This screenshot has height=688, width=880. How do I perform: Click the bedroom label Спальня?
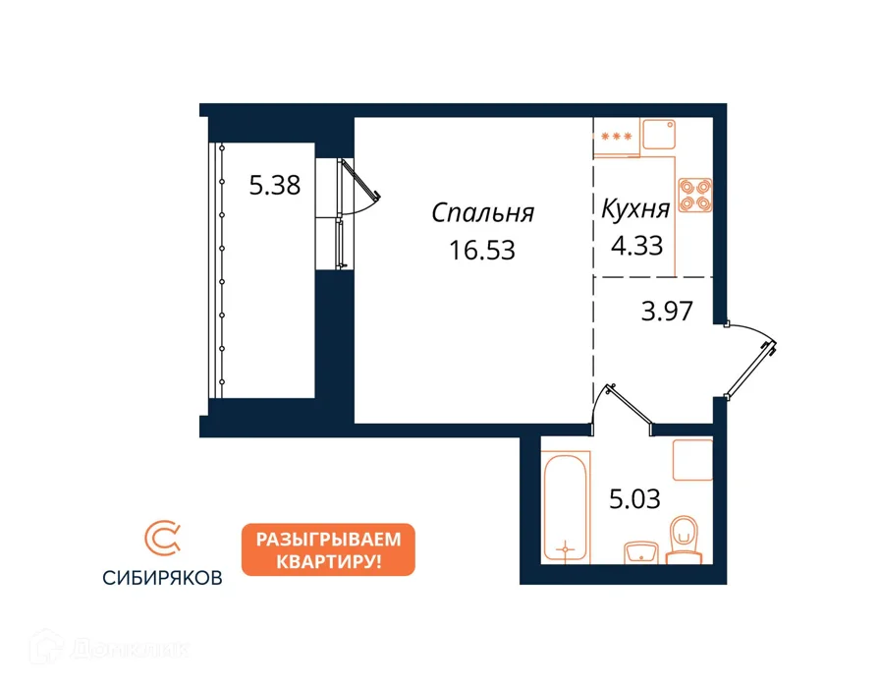point(482,213)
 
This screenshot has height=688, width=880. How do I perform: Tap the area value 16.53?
point(482,251)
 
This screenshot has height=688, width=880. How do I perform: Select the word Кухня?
point(635,209)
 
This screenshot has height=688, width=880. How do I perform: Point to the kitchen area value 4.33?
point(637,246)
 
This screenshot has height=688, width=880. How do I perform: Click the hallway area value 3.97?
point(667,311)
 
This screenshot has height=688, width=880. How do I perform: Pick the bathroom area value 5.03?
point(634,498)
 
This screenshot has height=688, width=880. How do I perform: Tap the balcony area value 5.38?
point(275,185)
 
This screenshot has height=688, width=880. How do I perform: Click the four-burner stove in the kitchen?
point(695,195)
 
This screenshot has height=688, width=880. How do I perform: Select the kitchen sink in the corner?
point(659,135)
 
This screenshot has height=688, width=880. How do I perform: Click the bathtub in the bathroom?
point(566,507)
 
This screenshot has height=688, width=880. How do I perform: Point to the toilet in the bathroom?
point(684,541)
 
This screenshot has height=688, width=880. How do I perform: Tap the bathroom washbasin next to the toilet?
point(641,552)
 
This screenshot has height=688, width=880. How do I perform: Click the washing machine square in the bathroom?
point(692,460)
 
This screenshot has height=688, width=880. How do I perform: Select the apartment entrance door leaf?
point(750,369)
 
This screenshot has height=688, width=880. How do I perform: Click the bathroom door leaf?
point(630,404)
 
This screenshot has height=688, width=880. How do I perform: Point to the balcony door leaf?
point(360,179)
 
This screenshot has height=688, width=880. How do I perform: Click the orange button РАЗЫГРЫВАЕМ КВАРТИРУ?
point(328,549)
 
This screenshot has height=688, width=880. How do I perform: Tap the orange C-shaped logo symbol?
point(162,538)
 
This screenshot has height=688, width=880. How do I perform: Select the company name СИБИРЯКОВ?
point(162,578)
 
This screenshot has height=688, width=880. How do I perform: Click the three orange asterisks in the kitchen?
point(616,137)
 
